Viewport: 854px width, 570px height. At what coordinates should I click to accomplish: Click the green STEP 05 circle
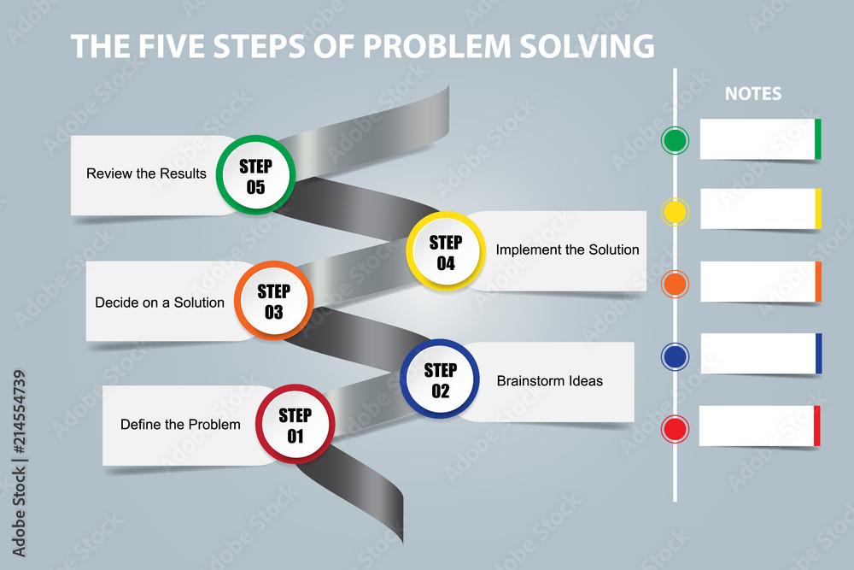255,175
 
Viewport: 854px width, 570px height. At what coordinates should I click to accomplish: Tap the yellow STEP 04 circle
446,250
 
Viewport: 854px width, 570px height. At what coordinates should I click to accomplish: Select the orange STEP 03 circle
273,301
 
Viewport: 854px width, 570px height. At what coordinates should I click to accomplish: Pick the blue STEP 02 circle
440,379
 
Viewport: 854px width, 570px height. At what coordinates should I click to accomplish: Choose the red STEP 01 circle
295,425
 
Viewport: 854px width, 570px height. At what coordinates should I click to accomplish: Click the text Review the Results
147,173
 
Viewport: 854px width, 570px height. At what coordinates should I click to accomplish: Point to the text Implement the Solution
568,250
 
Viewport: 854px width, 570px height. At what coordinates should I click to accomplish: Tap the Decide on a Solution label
160,303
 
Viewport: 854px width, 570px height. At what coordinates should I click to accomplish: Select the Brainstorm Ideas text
549,380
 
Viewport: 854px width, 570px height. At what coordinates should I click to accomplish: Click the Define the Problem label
180,425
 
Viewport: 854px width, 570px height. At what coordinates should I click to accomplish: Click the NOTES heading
753,94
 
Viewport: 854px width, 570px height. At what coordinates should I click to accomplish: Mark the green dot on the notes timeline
675,140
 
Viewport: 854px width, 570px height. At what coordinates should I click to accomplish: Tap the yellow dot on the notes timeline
675,212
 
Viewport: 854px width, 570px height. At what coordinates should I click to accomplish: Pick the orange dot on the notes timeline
675,284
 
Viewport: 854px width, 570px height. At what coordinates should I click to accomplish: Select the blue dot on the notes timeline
675,357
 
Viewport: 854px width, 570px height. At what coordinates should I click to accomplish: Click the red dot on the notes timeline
675,429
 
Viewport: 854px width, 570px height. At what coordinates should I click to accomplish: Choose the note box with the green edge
760,139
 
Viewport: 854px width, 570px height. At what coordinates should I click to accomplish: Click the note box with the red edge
760,426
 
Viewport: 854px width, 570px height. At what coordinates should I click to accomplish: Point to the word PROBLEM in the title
436,46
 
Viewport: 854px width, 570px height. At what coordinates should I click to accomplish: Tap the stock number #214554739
19,412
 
